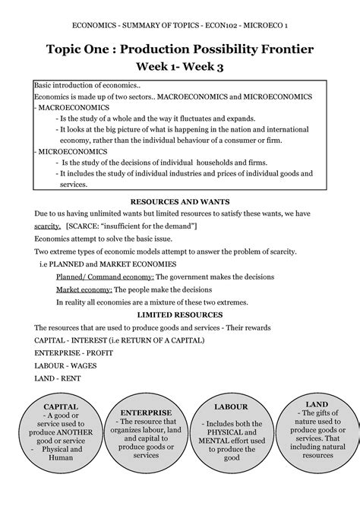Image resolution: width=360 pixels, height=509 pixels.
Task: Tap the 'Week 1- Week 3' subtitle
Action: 179,68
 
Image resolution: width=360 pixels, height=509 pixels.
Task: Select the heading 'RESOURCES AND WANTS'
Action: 179,203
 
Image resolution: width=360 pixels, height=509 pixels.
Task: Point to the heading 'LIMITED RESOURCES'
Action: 179,314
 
